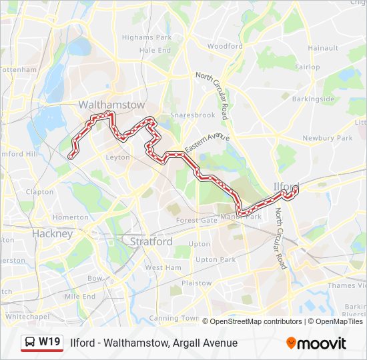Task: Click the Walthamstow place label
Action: (x=102, y=105)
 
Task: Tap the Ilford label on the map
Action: (x=286, y=186)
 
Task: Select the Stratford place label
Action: (x=151, y=241)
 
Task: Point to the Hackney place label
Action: (x=52, y=234)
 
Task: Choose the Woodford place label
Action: (x=225, y=47)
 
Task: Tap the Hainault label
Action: (x=323, y=48)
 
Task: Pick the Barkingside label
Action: (x=312, y=99)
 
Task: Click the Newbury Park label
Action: (x=327, y=138)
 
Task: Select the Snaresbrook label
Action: (x=192, y=115)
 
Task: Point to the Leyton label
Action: (x=117, y=157)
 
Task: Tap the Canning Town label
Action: (x=173, y=318)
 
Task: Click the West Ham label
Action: (x=163, y=267)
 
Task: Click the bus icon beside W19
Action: (x=30, y=343)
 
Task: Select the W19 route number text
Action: (x=49, y=343)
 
